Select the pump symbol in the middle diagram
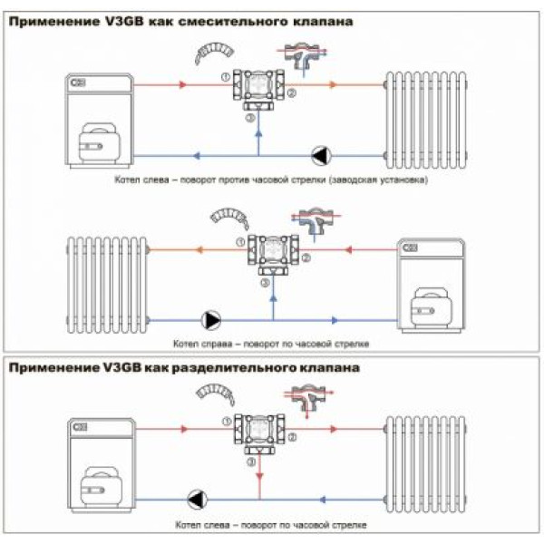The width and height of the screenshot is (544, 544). point(211,319)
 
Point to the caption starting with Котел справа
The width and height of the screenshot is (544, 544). point(272,345)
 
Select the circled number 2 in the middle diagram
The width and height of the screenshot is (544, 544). point(306,259)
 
